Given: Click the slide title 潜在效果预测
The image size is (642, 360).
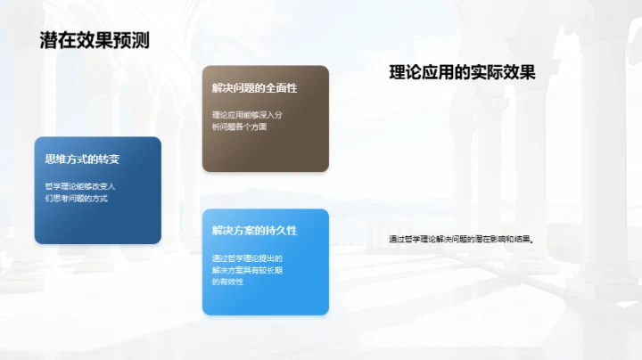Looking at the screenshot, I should (x=95, y=41).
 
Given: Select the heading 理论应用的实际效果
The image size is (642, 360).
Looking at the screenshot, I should (x=462, y=73).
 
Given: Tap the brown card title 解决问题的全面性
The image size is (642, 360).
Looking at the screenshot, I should (x=254, y=88).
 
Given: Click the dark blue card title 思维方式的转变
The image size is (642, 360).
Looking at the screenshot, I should (x=82, y=160).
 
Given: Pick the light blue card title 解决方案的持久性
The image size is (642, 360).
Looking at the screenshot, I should (x=254, y=231).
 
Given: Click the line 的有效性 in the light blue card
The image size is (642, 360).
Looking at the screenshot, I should (x=229, y=281).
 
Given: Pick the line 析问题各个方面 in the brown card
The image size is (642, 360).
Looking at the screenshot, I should (x=240, y=127).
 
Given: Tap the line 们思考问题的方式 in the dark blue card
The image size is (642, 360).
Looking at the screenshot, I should (x=77, y=199).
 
